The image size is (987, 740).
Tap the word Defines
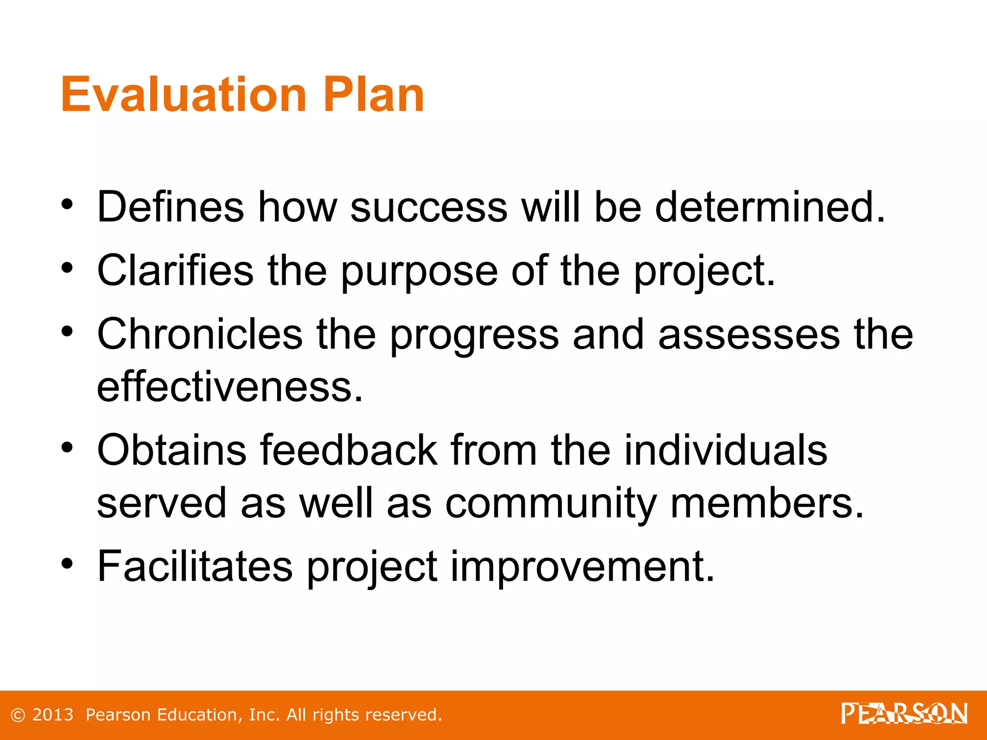click(x=171, y=207)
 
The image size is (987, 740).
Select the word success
click(x=428, y=208)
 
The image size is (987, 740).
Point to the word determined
click(x=770, y=207)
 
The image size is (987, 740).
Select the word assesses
click(x=749, y=335)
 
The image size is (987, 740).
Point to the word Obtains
click(x=172, y=450)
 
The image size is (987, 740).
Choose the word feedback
click(x=349, y=450)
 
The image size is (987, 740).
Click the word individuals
click(x=725, y=450)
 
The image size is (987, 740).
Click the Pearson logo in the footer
click(x=904, y=714)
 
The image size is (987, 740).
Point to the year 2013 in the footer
click(x=53, y=715)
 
